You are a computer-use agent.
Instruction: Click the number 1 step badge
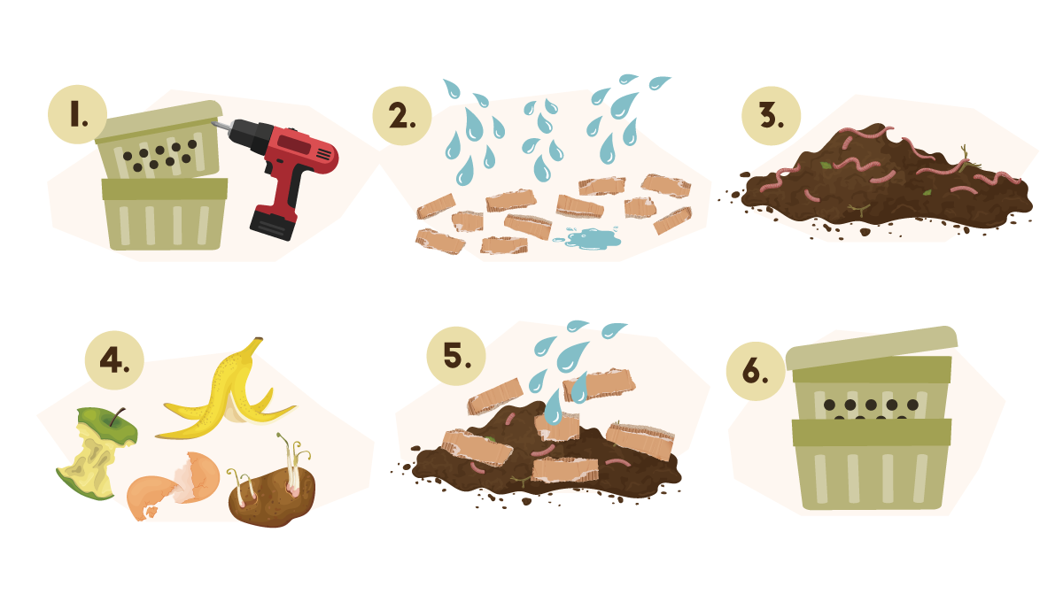click(x=77, y=114)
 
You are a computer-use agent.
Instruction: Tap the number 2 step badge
click(x=402, y=116)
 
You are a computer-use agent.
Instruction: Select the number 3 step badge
click(x=772, y=116)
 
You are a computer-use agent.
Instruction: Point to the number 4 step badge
click(x=114, y=360)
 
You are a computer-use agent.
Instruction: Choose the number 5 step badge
click(x=456, y=356)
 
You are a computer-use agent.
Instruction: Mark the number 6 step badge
click(x=756, y=371)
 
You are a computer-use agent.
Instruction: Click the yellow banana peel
click(x=228, y=394)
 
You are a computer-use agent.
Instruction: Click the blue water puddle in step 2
click(x=591, y=238)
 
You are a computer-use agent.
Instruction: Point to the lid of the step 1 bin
click(x=159, y=122)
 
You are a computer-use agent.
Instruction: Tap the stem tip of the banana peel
click(x=258, y=340)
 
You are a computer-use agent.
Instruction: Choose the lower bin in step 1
click(x=165, y=214)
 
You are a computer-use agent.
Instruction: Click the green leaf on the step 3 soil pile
click(x=826, y=166)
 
